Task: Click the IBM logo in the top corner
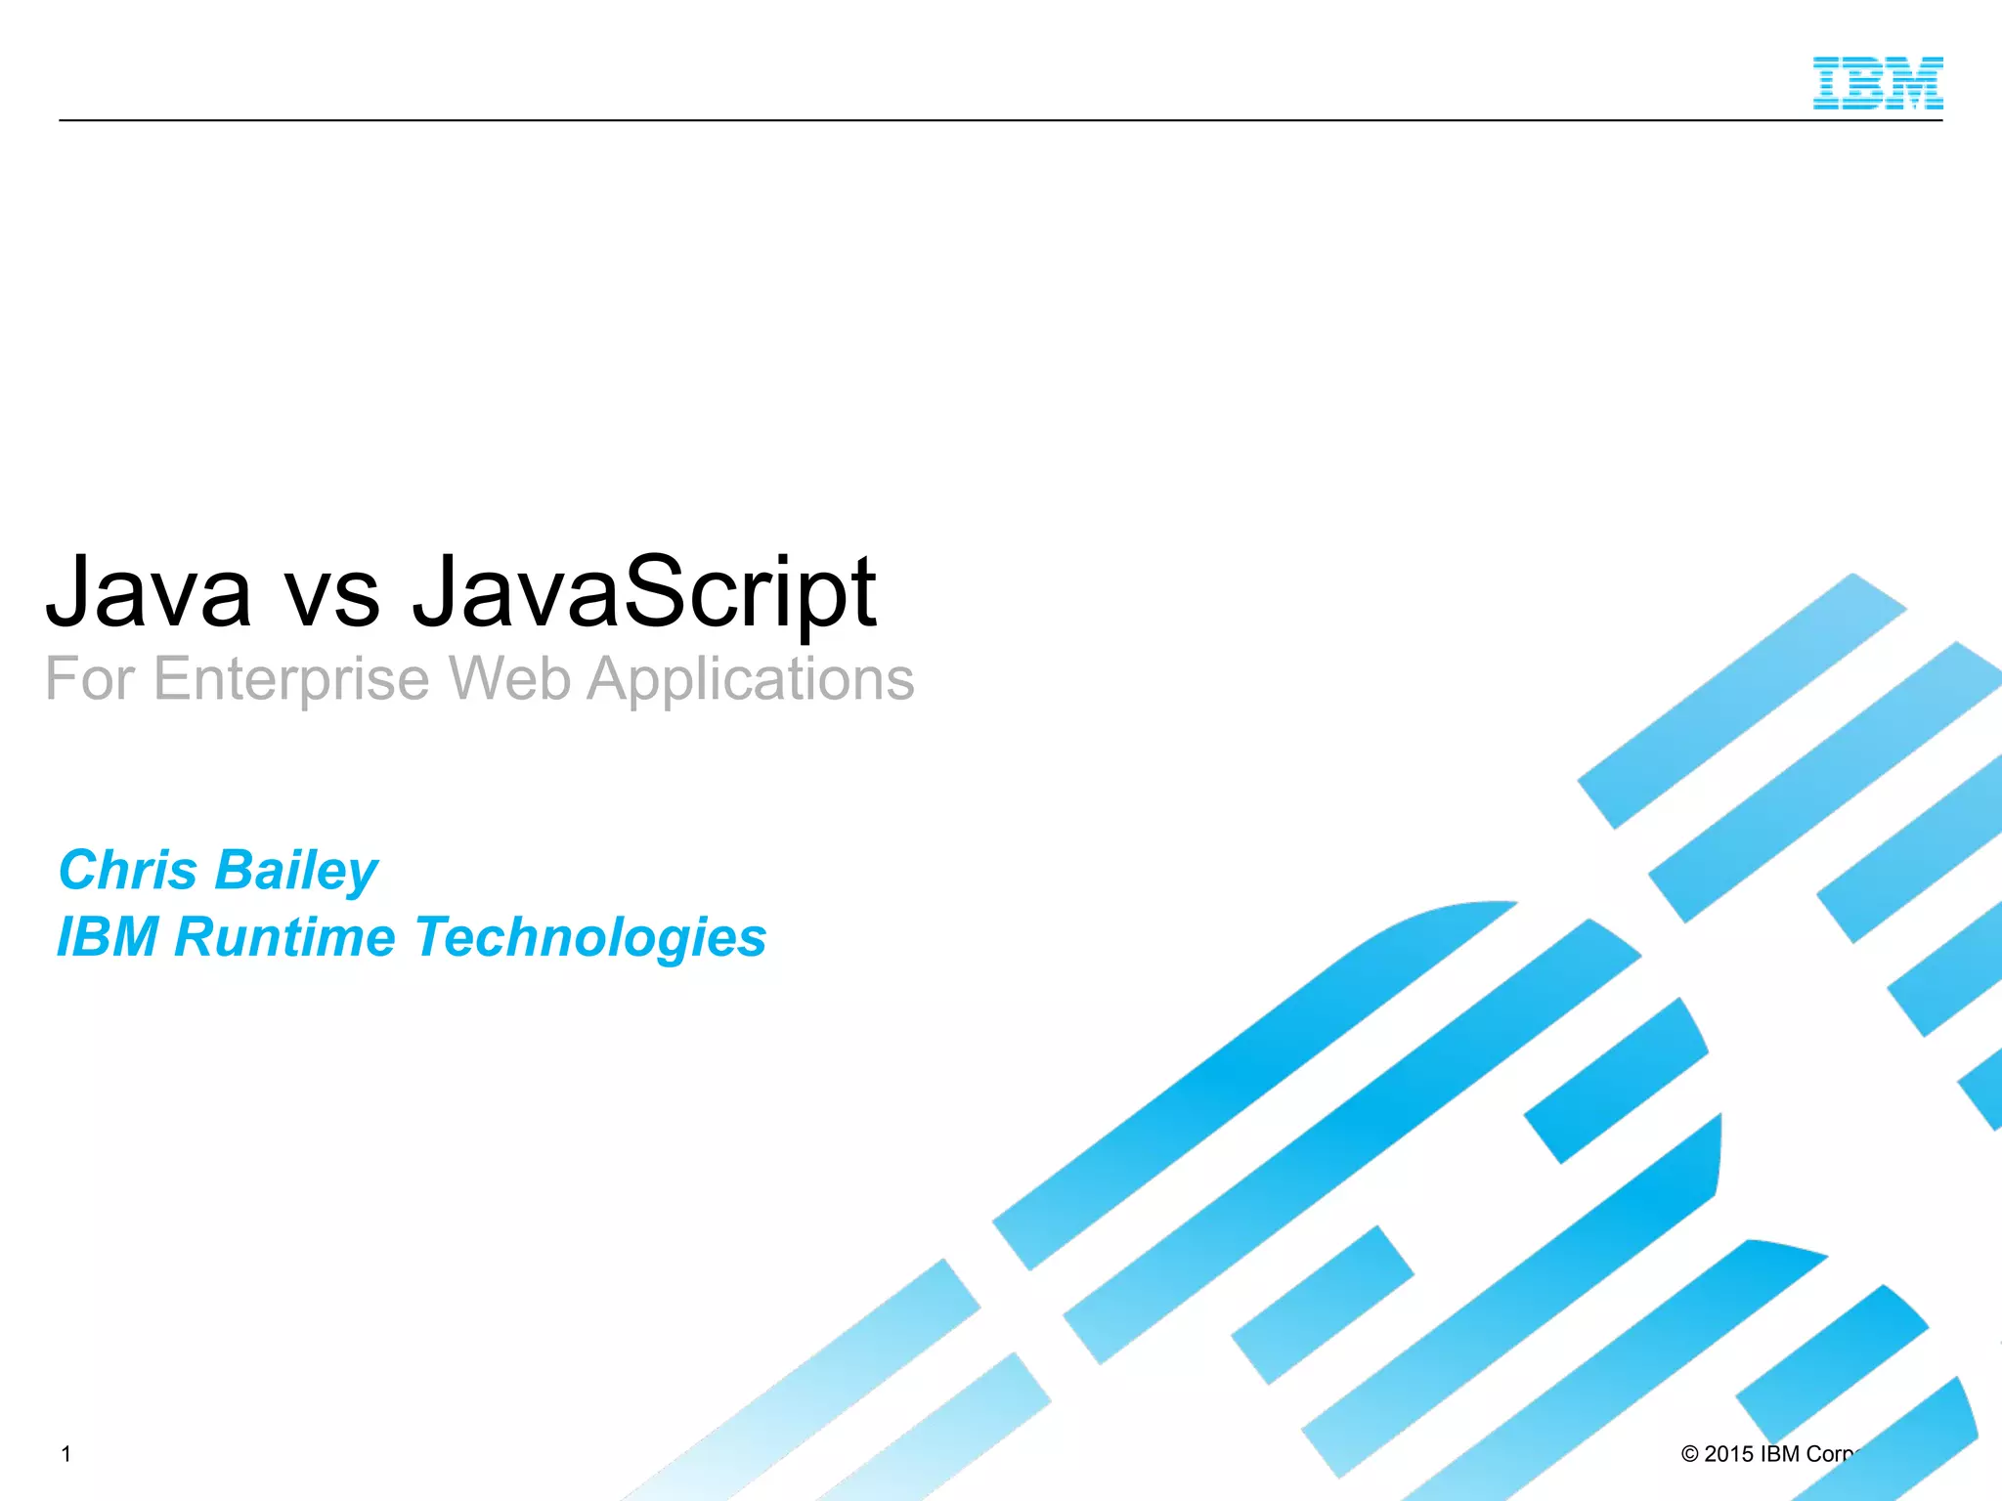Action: tap(1877, 83)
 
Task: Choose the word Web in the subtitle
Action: tap(508, 679)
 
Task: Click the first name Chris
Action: tap(128, 870)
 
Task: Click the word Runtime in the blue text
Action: tap(284, 937)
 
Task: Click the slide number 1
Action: tap(66, 1454)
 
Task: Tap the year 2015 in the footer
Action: tap(1728, 1454)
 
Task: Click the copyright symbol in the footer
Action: tap(1689, 1454)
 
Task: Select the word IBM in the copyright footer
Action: tap(1779, 1454)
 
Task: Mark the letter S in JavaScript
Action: tap(653, 591)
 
